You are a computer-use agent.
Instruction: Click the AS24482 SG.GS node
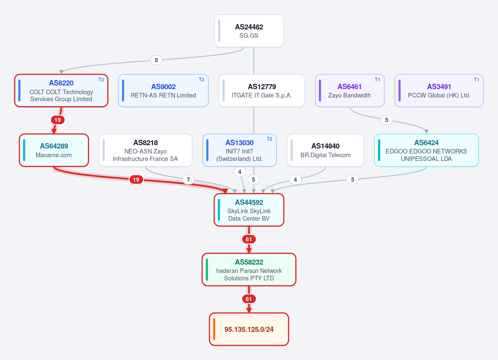(x=249, y=31)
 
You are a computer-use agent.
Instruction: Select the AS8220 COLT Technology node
(x=61, y=90)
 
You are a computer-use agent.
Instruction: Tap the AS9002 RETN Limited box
(x=163, y=90)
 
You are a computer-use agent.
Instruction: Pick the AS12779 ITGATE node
(x=262, y=90)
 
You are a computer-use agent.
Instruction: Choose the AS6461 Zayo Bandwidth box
(x=349, y=90)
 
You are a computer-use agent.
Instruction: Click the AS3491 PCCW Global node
(x=439, y=90)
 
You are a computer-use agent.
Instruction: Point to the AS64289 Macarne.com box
(x=54, y=150)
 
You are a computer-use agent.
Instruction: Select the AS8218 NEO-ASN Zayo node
(x=145, y=150)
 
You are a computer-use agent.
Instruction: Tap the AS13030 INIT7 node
(x=239, y=150)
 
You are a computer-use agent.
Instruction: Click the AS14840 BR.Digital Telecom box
(x=325, y=150)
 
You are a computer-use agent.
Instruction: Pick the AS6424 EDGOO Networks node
(x=426, y=150)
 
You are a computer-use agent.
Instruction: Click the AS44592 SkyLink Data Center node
(x=249, y=210)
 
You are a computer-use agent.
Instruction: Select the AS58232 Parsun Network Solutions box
(x=249, y=269)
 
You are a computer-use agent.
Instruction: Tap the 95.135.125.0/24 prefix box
(x=249, y=329)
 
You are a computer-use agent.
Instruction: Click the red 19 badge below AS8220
(x=58, y=120)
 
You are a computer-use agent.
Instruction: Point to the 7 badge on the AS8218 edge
(x=188, y=180)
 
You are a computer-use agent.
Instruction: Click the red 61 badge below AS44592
(x=249, y=239)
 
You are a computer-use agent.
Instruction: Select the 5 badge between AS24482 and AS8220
(x=156, y=60)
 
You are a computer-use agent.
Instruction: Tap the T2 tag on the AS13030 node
(x=269, y=139)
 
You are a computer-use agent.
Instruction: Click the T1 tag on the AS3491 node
(x=476, y=80)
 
